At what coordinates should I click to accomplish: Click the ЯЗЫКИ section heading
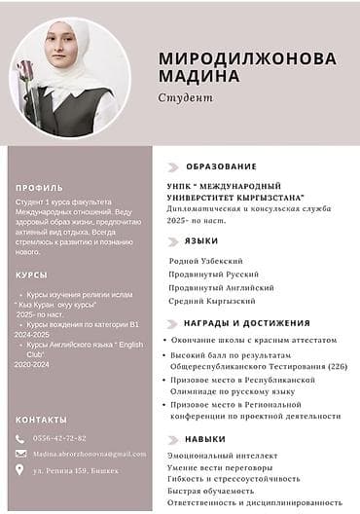pos(201,240)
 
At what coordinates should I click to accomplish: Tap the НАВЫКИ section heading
pos(205,439)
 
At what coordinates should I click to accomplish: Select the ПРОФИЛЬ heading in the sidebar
pos(40,187)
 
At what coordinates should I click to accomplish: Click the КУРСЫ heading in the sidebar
pos(32,275)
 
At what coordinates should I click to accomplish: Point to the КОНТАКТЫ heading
pos(42,420)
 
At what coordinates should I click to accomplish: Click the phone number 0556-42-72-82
pos(60,438)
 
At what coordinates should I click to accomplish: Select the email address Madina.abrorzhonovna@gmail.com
pos(90,454)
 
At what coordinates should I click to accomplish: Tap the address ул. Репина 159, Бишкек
pos(76,470)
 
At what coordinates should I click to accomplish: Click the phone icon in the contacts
pos(20,438)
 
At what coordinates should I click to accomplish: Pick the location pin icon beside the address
pos(20,470)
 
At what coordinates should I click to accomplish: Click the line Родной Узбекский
pos(205,261)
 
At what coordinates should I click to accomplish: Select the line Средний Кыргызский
pos(211,302)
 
